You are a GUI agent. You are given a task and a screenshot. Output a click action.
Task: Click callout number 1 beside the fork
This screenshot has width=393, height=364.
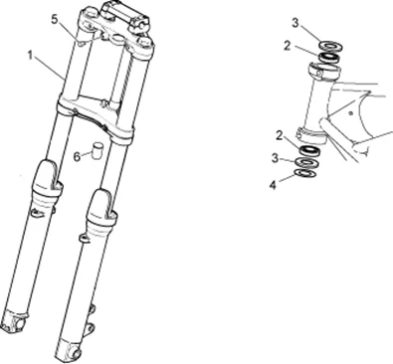pyautogui.click(x=30, y=55)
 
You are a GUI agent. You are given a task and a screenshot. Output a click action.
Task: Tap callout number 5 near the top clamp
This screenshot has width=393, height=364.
pyautogui.click(x=55, y=19)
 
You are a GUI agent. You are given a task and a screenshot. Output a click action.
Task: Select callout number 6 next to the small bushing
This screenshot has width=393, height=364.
pyautogui.click(x=77, y=156)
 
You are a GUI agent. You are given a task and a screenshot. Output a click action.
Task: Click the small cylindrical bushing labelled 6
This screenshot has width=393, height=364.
pyautogui.click(x=98, y=151)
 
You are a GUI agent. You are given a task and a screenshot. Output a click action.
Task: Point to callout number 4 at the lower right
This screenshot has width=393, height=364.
pyautogui.click(x=273, y=185)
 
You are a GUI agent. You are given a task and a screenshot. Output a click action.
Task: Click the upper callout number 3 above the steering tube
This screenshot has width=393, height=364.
pyautogui.click(x=295, y=23)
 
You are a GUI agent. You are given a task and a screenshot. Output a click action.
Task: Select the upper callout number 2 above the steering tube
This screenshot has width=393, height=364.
pyautogui.click(x=288, y=46)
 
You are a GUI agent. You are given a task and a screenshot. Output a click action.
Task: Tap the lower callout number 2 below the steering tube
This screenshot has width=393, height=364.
pyautogui.click(x=280, y=135)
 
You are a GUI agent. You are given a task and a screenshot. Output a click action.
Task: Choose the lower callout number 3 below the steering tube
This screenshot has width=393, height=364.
pyautogui.click(x=275, y=158)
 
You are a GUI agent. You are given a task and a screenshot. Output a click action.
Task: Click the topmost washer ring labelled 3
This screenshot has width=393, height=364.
pyautogui.click(x=330, y=46)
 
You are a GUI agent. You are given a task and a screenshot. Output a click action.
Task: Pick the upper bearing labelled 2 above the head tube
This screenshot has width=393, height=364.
pyautogui.click(x=329, y=57)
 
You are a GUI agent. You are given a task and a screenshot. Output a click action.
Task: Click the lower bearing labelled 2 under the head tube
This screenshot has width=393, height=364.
pyautogui.click(x=310, y=150)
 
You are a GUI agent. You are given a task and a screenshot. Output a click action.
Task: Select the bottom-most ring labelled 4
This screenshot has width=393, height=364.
pyautogui.click(x=305, y=173)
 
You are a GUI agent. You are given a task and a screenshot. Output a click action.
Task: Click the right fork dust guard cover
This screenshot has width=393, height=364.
pyautogui.click(x=100, y=209)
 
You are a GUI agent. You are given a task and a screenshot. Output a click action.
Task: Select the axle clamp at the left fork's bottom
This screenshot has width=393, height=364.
pyautogui.click(x=13, y=320)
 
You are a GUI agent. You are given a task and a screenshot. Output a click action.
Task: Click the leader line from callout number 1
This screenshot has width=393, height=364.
pyautogui.click(x=50, y=68)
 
